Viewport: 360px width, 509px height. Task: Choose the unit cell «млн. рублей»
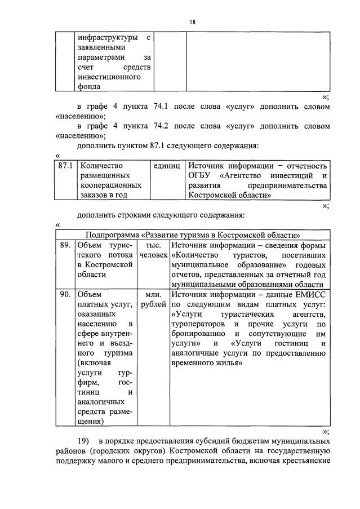[x=153, y=299]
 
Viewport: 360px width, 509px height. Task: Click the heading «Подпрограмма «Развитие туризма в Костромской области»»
[x=192, y=235]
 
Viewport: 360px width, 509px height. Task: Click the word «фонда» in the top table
[x=89, y=86]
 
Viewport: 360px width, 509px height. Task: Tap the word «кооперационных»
[x=110, y=185]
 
